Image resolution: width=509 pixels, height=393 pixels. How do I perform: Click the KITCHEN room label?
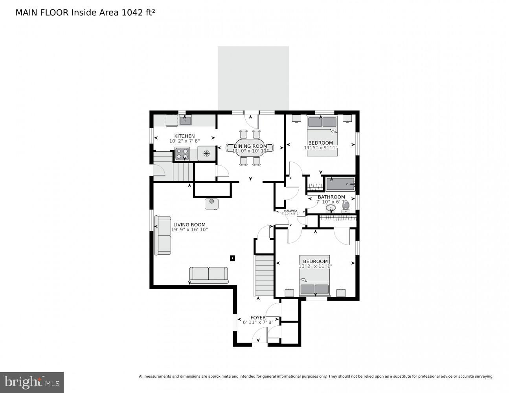pos(184,136)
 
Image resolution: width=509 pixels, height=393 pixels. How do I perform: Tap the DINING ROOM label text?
pos(250,146)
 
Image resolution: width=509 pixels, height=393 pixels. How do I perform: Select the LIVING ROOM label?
pos(189,225)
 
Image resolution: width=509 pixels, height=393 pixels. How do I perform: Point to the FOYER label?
pos(258,318)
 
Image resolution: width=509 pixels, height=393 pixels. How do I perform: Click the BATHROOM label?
pos(331,197)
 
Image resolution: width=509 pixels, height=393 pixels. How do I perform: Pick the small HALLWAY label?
pos(290,211)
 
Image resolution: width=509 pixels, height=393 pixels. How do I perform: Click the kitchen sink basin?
pos(186,120)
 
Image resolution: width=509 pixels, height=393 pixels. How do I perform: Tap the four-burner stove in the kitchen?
pos(182,154)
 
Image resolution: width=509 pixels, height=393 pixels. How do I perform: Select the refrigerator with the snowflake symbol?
pos(206,153)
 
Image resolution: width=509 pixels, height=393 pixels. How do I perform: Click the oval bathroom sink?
pos(331,208)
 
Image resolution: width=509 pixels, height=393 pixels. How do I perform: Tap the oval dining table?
pos(250,148)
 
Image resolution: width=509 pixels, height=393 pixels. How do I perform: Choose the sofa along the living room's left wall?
pos(163,236)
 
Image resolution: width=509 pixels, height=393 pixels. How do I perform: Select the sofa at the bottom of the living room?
pos(209,275)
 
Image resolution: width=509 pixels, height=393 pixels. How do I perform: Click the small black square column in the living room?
pos(232,258)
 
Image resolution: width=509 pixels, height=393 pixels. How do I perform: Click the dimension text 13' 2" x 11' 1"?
pos(315,266)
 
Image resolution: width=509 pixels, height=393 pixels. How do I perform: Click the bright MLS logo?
pos(32,382)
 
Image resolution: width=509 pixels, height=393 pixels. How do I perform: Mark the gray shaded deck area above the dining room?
pos(253,78)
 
